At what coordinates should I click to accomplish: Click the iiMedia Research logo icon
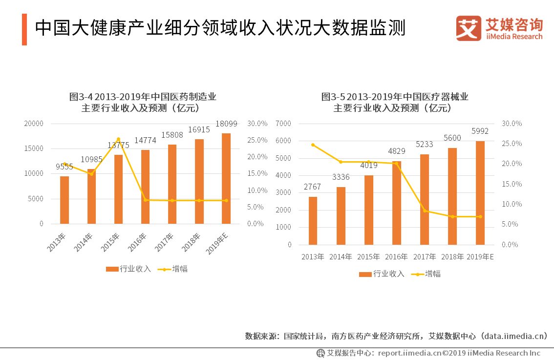[468, 28]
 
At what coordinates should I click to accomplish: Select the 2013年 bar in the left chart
[64, 200]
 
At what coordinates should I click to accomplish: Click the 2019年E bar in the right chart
[480, 192]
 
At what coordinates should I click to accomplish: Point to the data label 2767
[312, 187]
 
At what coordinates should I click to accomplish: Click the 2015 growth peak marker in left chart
[118, 139]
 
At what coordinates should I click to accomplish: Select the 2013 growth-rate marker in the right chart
[313, 145]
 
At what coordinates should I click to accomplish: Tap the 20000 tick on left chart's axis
[34, 124]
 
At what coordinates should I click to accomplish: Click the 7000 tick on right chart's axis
[283, 124]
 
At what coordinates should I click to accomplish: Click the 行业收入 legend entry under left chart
[129, 269]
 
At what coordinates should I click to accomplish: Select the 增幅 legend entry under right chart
[426, 274]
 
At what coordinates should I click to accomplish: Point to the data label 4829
[397, 151]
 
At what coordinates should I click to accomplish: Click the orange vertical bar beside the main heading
[24, 29]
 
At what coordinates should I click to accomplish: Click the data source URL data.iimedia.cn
[515, 336]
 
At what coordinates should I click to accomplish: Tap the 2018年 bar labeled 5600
[452, 196]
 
